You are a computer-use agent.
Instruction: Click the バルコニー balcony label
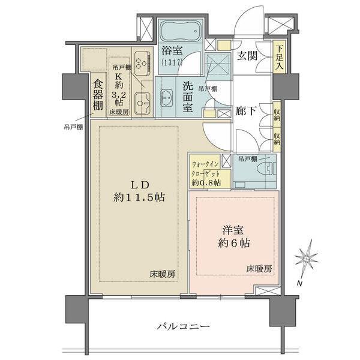[x=183, y=327]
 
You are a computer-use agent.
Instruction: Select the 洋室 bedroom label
[x=233, y=229]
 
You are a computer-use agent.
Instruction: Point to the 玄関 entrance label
[x=247, y=56]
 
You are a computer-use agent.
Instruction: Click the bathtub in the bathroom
[x=183, y=30]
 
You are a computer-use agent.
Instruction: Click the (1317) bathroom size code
[x=173, y=62]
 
